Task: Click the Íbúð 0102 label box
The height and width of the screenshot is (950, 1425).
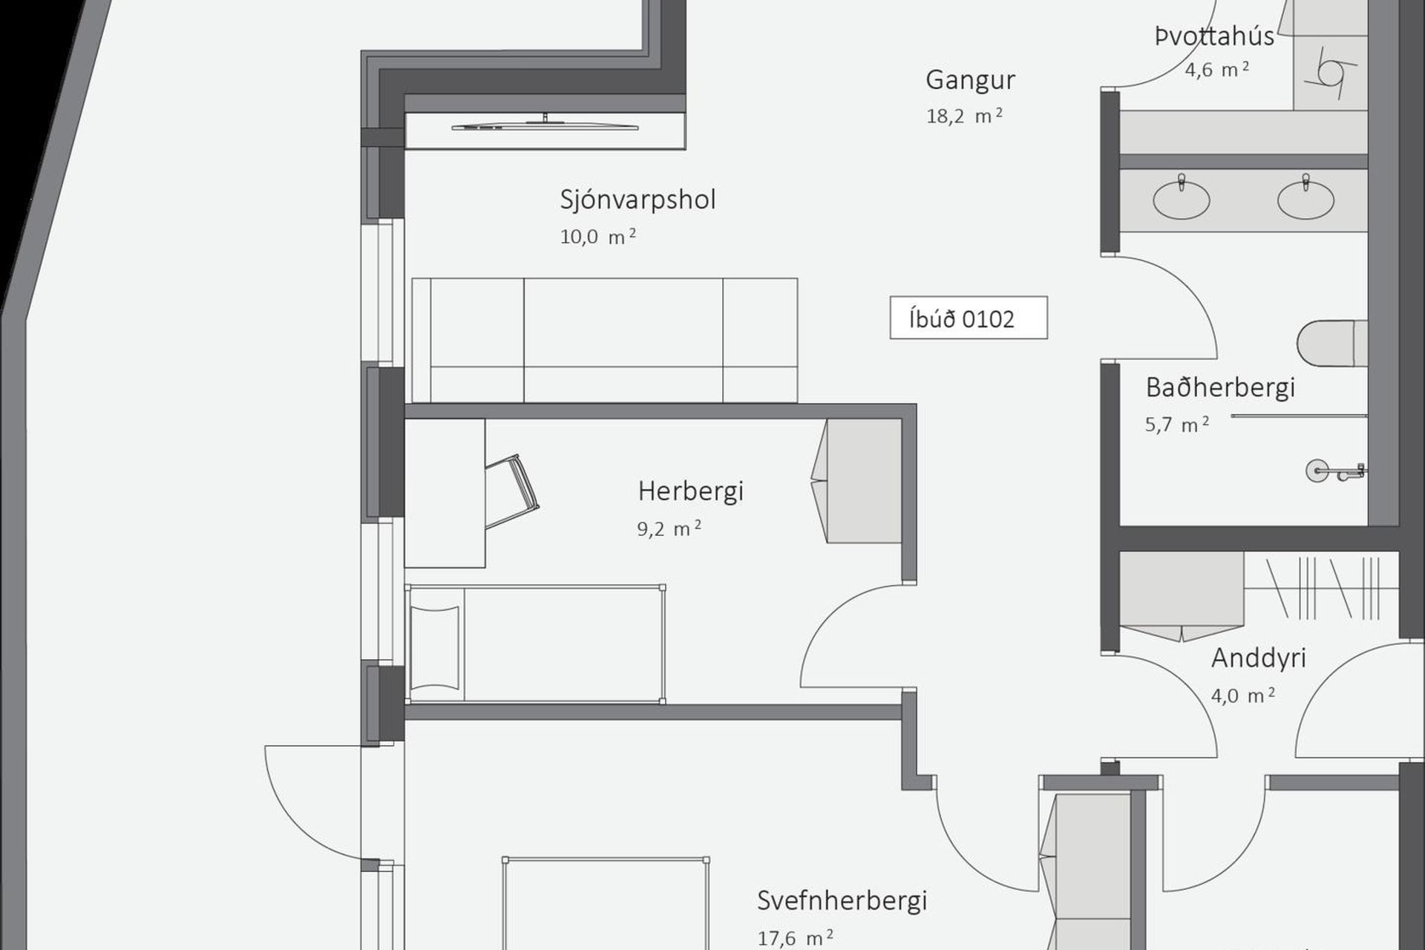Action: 969,318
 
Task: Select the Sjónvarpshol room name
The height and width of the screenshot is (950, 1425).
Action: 638,200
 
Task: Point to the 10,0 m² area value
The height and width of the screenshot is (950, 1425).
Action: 597,237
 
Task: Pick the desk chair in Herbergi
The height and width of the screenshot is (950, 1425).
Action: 511,491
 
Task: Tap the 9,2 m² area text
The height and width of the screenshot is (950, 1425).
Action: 669,528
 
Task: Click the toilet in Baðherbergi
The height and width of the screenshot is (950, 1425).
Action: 1332,344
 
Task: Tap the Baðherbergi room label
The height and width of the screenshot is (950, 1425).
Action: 1220,387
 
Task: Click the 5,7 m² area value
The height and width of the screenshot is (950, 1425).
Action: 1177,425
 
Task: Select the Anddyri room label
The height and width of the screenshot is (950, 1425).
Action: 1258,658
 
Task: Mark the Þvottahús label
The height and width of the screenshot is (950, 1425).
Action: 1214,36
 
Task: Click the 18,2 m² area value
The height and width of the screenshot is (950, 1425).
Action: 964,117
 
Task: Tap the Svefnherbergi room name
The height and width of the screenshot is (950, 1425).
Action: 842,901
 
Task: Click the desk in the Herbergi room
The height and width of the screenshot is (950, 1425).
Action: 445,493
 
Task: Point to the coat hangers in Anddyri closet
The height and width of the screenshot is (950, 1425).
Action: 1323,588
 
